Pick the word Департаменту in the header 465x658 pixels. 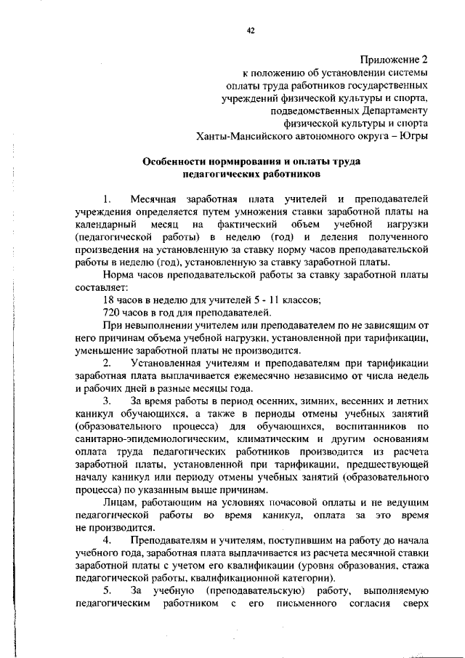[x=392, y=110]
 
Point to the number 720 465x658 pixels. [x=113, y=313]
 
